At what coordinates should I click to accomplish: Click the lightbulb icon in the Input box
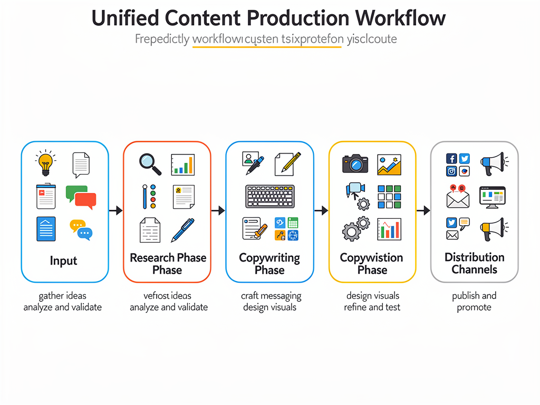tap(46, 164)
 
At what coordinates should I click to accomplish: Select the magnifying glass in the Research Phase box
tap(150, 164)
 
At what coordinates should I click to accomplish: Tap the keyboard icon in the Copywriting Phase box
tap(269, 197)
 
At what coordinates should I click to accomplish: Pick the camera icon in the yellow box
tap(355, 164)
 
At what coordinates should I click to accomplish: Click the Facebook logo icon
tap(451, 159)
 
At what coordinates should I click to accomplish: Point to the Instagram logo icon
tap(451, 171)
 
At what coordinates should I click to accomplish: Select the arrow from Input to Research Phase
tap(115, 211)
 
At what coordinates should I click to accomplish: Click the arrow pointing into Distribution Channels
tap(423, 211)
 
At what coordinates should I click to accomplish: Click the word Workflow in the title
tap(400, 18)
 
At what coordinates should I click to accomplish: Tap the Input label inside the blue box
tap(63, 261)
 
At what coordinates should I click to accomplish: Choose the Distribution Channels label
tap(474, 263)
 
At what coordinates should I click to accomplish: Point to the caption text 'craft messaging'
tap(271, 296)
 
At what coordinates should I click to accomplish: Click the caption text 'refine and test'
tap(372, 307)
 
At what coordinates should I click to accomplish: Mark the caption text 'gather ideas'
tap(62, 296)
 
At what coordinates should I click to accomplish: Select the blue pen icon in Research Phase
tap(182, 230)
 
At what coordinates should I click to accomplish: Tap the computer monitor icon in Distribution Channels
tap(492, 196)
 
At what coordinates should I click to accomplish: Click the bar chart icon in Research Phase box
tap(182, 165)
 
